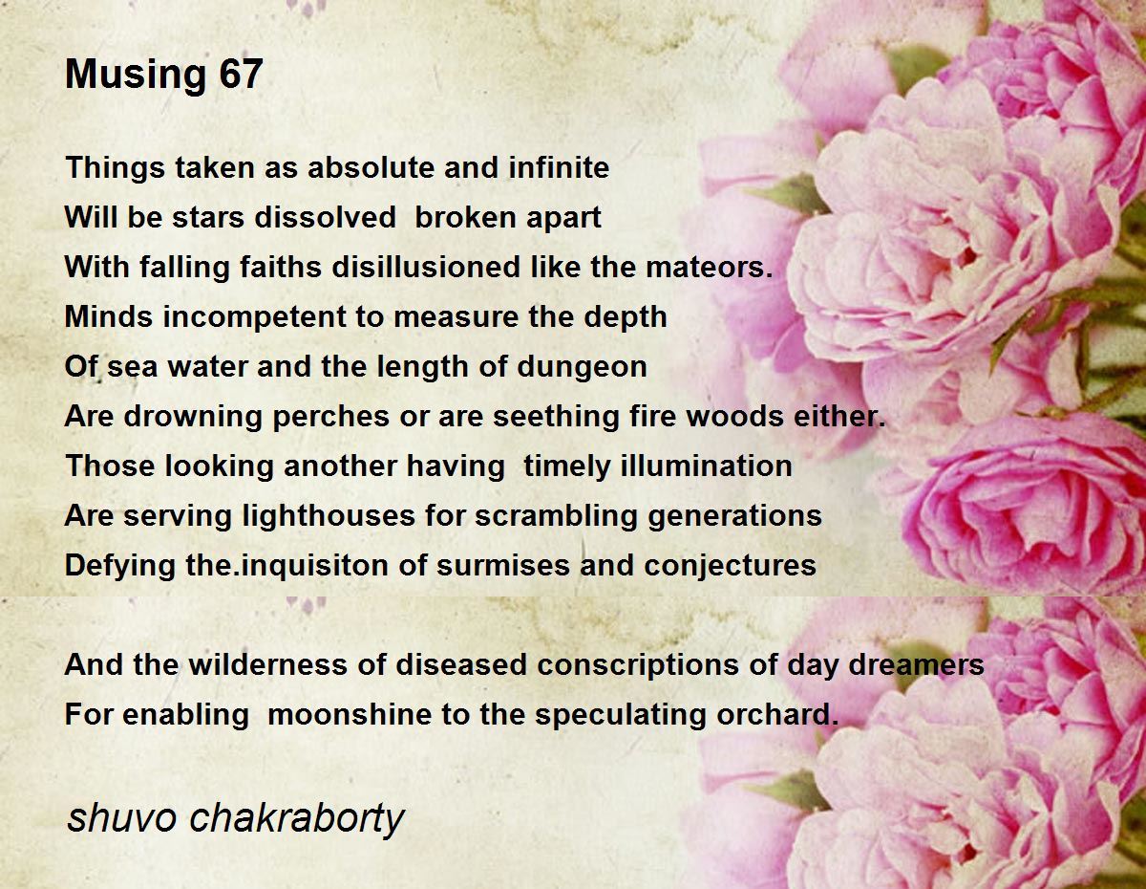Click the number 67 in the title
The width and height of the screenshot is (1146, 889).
[x=241, y=74]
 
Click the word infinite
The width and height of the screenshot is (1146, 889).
[x=559, y=167]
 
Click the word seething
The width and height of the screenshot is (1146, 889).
[x=557, y=417]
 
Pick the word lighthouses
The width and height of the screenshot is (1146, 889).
[x=328, y=516]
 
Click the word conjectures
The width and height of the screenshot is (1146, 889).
[x=730, y=566]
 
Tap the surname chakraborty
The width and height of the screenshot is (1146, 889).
[x=296, y=820]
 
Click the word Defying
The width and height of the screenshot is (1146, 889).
[x=119, y=566]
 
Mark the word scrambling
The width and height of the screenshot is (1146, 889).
[x=556, y=516]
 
